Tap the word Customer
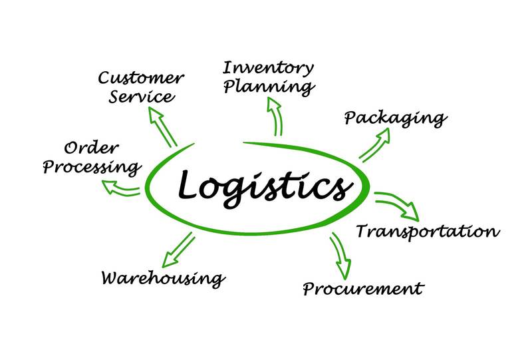click(x=141, y=78)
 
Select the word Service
click(x=142, y=96)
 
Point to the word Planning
click(x=269, y=87)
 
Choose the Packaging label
click(x=396, y=119)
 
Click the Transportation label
click(x=428, y=232)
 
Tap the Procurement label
click(x=363, y=289)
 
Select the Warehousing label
click(x=164, y=279)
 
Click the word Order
click(x=91, y=148)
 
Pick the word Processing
click(x=92, y=167)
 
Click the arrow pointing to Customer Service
click(x=163, y=127)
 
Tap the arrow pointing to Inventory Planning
click(x=275, y=116)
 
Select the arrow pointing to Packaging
click(x=374, y=145)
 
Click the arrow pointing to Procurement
click(x=340, y=256)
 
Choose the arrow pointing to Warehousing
click(x=178, y=250)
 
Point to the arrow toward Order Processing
click(x=121, y=188)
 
